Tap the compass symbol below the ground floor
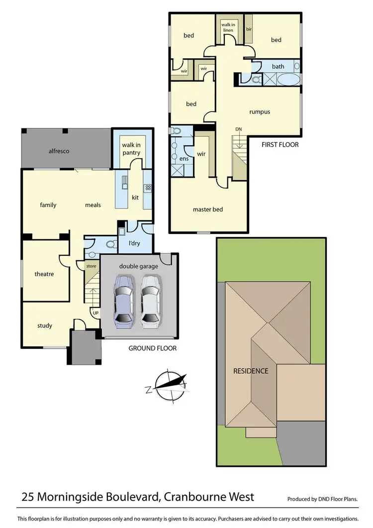171,385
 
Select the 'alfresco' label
58,151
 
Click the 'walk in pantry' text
132,149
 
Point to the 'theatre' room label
44,274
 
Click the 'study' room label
44,326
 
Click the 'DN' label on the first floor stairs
239,129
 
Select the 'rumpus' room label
260,112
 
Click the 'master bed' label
207,210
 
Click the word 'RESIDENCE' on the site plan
251,371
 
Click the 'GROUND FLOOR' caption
152,348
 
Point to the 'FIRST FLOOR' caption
280,145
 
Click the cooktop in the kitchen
147,188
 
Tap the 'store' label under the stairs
91,266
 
